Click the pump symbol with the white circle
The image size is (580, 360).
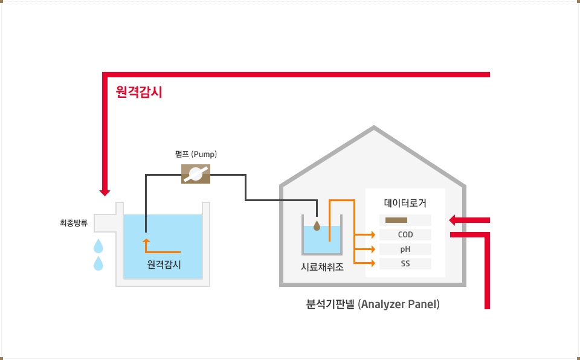(196, 174)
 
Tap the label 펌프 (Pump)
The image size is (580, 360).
(196, 154)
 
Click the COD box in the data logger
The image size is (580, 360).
(405, 234)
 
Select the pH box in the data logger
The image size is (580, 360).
(405, 249)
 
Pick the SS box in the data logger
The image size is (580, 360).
(405, 263)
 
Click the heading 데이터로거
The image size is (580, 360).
(405, 203)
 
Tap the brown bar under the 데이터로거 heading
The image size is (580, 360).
(396, 220)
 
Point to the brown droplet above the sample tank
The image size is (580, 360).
(317, 225)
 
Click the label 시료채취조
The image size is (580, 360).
(322, 266)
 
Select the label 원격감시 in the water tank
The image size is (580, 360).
(164, 264)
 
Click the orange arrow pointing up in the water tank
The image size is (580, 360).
(146, 243)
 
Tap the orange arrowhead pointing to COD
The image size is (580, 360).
(373, 234)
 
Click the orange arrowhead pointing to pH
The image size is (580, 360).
(373, 249)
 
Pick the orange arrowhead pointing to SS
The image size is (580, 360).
(373, 263)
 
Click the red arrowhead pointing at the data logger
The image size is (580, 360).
(454, 220)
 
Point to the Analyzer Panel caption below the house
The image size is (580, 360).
(373, 304)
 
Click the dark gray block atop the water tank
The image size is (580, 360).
(172, 205)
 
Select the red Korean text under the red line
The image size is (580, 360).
(139, 92)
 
